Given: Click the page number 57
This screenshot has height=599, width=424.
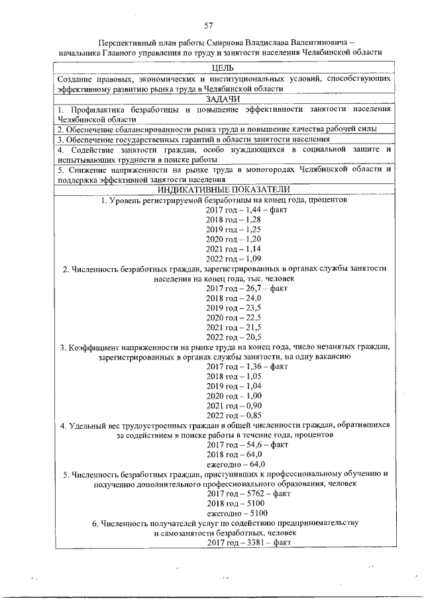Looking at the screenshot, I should coord(209,26).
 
